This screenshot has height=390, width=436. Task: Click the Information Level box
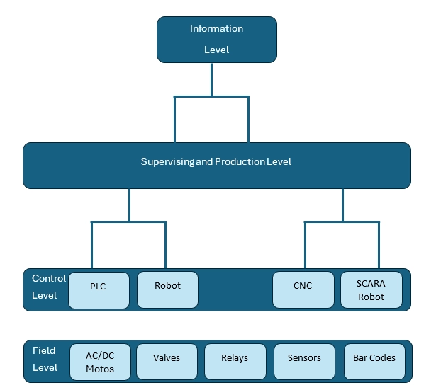pyautogui.click(x=216, y=40)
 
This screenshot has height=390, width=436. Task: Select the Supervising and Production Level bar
pyautogui.click(x=216, y=166)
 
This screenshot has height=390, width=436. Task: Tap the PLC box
pyautogui.click(x=98, y=290)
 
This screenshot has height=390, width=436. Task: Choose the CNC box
pyautogui.click(x=303, y=290)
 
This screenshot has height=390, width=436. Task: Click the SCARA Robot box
pyautogui.click(x=371, y=290)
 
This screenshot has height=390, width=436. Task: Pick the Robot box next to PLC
pyautogui.click(x=167, y=290)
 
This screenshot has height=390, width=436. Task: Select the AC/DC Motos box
pyautogui.click(x=99, y=362)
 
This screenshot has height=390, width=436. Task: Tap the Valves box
pyautogui.click(x=167, y=362)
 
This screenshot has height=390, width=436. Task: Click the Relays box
pyautogui.click(x=235, y=362)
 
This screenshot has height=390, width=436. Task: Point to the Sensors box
pyautogui.click(x=303, y=362)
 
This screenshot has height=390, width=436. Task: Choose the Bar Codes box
pyautogui.click(x=374, y=362)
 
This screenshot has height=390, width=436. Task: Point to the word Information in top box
pyautogui.click(x=216, y=29)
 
